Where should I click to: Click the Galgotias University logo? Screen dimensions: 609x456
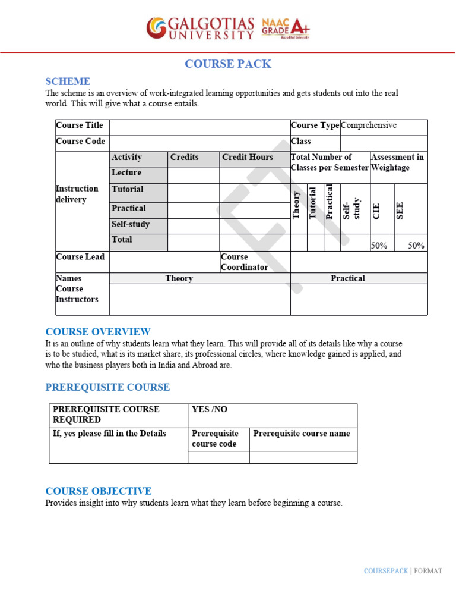[200, 28]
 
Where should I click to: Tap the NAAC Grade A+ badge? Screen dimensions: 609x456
[285, 27]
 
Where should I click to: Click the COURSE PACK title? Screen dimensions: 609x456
[228, 64]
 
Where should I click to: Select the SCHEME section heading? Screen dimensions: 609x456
[68, 81]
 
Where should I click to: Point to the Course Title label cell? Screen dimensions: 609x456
[80, 125]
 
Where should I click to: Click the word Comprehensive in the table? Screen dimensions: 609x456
[369, 125]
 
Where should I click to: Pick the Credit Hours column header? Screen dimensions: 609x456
[248, 158]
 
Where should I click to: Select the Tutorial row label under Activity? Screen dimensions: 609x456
[128, 189]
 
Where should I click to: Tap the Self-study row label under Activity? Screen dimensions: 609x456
[131, 225]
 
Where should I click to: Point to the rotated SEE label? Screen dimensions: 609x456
[400, 211]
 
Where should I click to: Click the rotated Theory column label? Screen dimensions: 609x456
[297, 204]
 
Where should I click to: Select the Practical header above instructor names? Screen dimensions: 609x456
[348, 278]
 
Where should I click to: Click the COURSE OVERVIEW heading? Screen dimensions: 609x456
[98, 332]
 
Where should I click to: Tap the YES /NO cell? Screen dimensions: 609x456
[210, 410]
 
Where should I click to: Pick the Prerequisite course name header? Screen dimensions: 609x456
[302, 434]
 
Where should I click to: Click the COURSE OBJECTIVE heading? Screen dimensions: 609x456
[99, 491]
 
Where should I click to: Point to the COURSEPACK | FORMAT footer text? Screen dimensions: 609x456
[403, 571]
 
